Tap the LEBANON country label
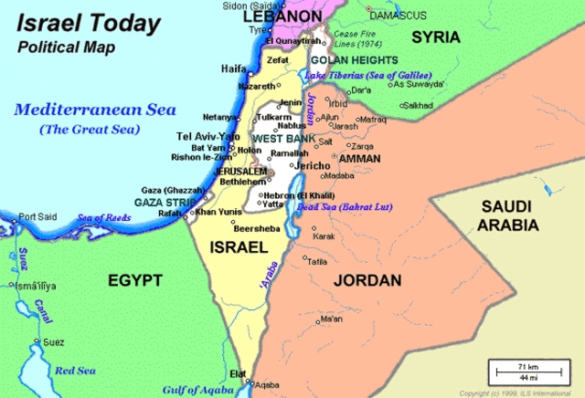281,16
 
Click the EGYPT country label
133,279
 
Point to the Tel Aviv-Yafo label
207,136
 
